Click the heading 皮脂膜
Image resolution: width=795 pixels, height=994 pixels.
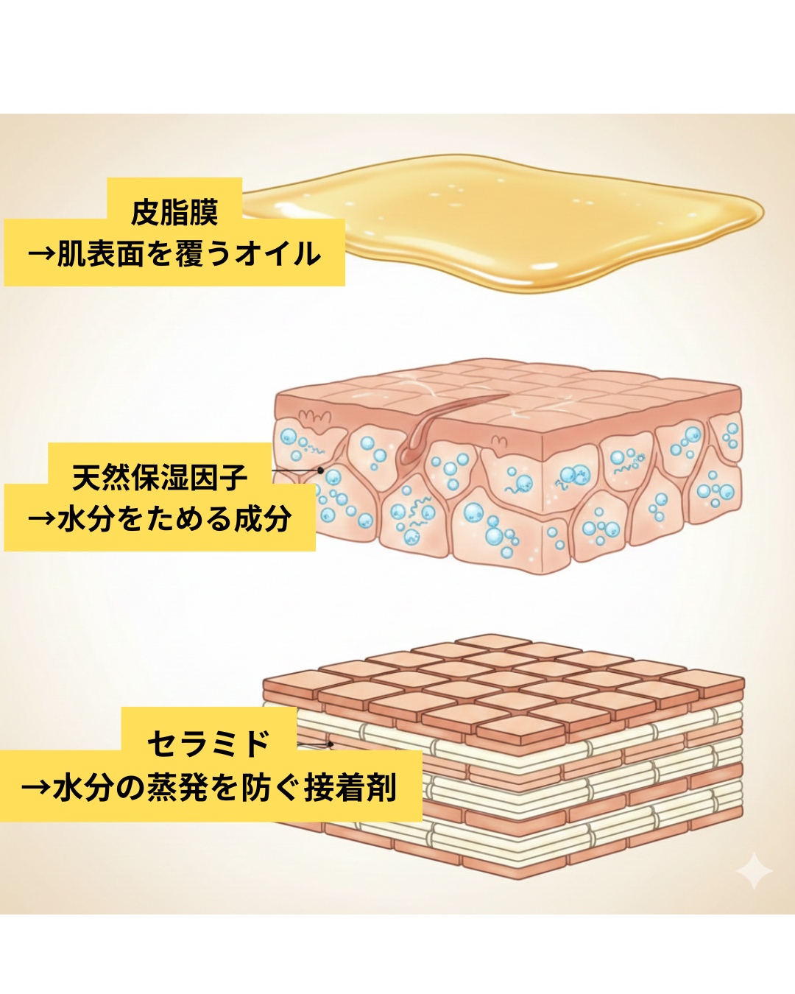click(174, 212)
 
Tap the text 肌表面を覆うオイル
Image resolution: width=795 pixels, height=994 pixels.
click(189, 254)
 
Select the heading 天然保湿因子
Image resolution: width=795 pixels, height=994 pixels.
click(160, 477)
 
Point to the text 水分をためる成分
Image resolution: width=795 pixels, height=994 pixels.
click(174, 519)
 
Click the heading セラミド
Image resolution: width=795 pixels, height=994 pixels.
click(209, 743)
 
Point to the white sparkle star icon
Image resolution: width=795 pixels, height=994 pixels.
click(754, 871)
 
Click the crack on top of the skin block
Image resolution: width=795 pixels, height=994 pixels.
click(442, 420)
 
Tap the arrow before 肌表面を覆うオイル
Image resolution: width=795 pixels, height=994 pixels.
click(41, 255)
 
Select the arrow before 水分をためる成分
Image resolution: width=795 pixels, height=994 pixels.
click(41, 520)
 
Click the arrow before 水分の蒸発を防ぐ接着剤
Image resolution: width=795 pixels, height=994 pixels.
click(36, 788)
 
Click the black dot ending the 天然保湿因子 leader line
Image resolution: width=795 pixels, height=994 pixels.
click(321, 470)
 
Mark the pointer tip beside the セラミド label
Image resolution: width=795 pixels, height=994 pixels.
click(332, 744)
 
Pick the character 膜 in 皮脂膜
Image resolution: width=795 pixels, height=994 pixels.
click(203, 212)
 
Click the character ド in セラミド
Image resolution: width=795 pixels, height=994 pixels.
click(255, 743)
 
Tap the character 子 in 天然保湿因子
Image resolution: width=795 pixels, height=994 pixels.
click(233, 477)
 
